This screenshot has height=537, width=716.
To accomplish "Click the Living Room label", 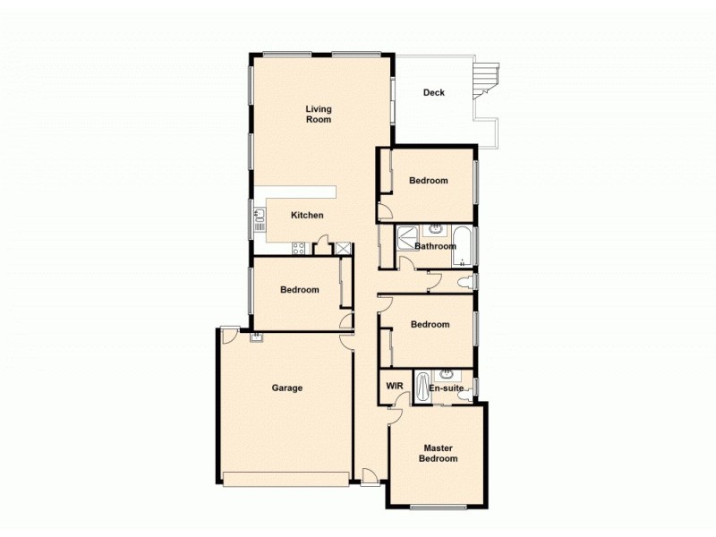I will coord(319,114).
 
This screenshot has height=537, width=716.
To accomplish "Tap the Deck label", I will coord(434,92).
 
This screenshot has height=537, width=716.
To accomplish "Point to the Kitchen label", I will coord(307,215).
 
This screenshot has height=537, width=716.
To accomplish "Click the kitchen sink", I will coord(260,217).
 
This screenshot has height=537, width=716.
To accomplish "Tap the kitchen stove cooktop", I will coord(299,248).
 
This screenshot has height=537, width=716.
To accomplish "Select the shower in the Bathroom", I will coord(406,239).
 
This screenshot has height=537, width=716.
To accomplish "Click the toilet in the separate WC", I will coord(465,283).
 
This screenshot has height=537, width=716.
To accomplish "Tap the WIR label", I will coord(394,386).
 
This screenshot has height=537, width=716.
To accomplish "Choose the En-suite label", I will coord(446,388).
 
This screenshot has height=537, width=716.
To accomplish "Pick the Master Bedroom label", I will coord(439,454).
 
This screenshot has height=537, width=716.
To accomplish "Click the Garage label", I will coord(287,388).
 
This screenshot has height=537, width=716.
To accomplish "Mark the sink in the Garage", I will coord(257,337).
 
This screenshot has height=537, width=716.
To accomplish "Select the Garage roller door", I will coord(287,479).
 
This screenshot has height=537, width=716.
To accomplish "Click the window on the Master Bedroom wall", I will coord(439,507).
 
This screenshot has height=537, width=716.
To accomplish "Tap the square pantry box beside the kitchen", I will coord(342,248).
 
